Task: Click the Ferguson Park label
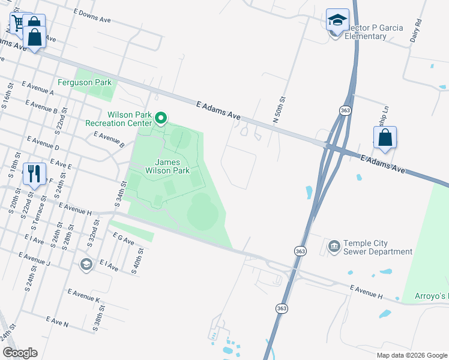point(85,82)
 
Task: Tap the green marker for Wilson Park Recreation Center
point(160,118)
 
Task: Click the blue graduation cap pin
point(337,20)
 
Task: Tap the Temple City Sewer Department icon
point(333,246)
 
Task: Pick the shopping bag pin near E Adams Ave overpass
point(385,137)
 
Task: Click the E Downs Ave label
point(92,16)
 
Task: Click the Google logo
point(20,353)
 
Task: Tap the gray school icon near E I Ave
point(86,265)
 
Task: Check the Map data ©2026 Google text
point(411,355)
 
